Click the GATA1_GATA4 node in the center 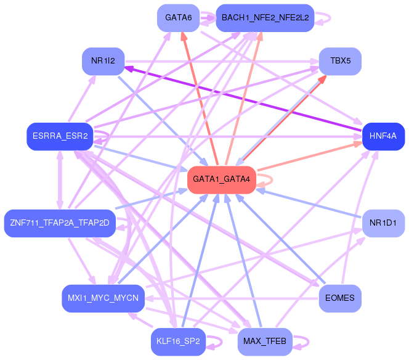point(221,179)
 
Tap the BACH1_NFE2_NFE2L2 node point(265,18)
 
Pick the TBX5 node point(339,62)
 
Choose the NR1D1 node point(383,222)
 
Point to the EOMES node point(339,298)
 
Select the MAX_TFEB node point(264,342)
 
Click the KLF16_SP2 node point(177,342)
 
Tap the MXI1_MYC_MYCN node point(103,298)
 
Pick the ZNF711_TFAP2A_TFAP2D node point(59,222)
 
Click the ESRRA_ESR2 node point(59,136)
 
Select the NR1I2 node point(103,62)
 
